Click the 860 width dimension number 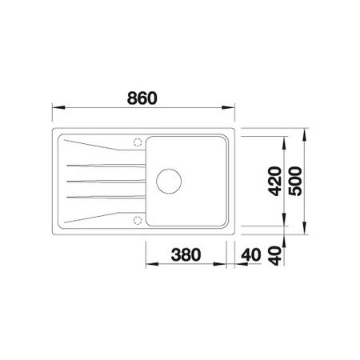click(x=142, y=98)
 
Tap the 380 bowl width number click(x=186, y=254)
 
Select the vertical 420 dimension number click(x=275, y=182)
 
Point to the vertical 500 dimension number click(x=295, y=182)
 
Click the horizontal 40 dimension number click(x=251, y=254)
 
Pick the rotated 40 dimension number click(x=275, y=256)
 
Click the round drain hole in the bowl click(x=169, y=181)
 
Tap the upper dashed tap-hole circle click(x=138, y=142)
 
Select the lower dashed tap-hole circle click(x=138, y=220)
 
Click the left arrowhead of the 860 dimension click(x=58, y=107)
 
